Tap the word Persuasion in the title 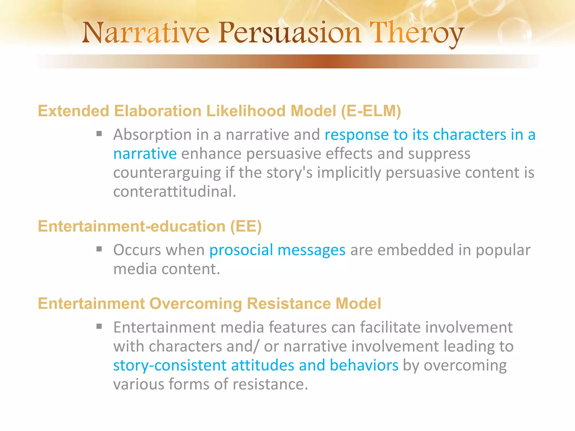click(x=289, y=33)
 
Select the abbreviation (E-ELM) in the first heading click(x=371, y=111)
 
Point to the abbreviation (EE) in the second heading click(x=246, y=226)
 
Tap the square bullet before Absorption click(x=99, y=134)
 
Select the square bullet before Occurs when click(x=99, y=249)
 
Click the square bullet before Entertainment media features click(x=99, y=326)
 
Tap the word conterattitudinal click(x=174, y=192)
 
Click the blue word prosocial click(x=241, y=250)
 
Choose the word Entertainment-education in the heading click(x=132, y=226)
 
